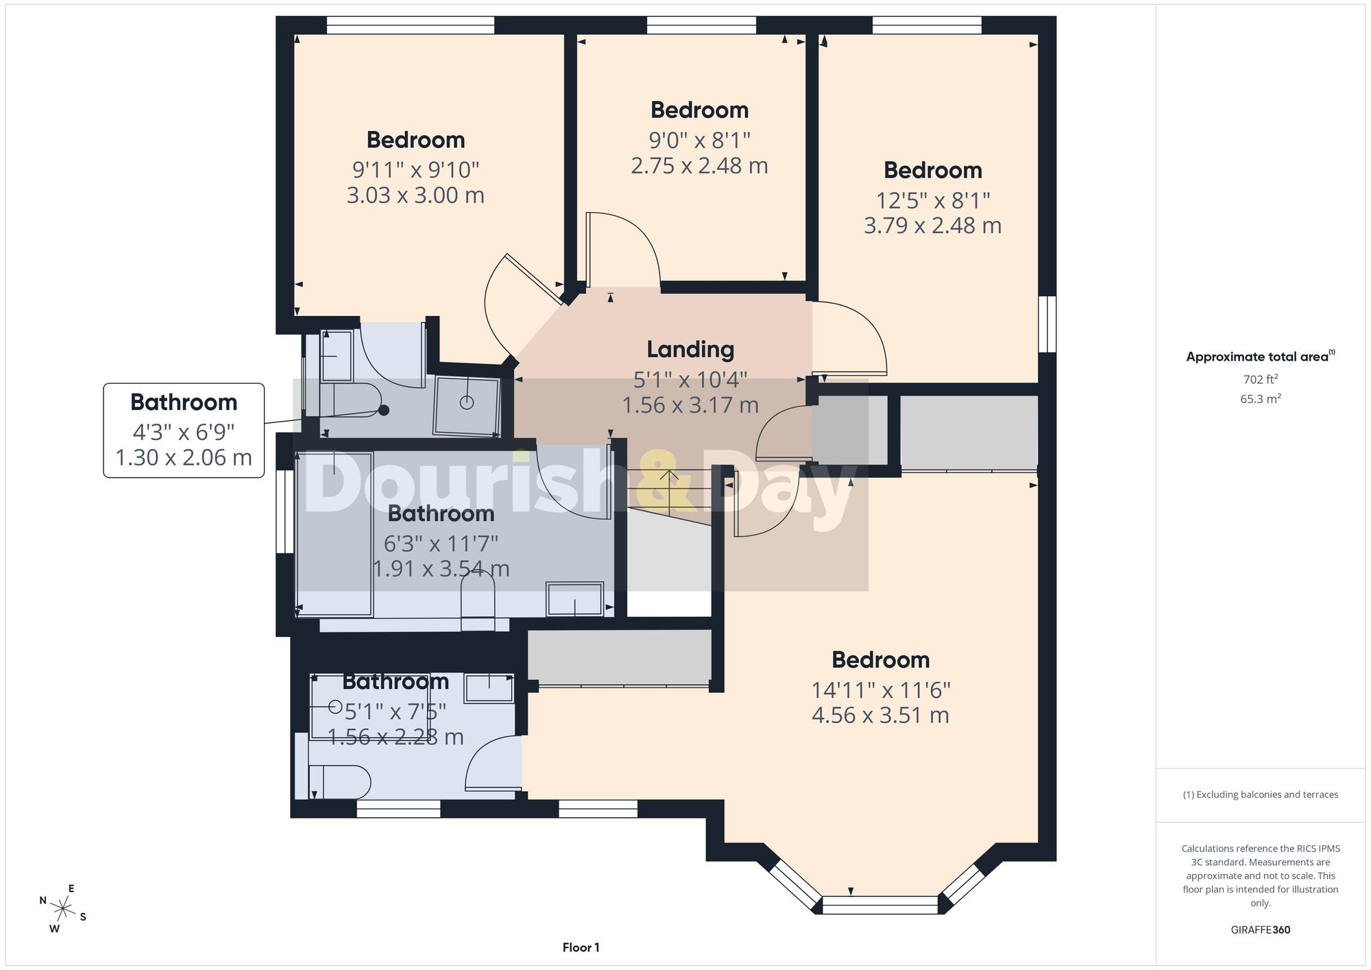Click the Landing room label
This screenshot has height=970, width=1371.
click(690, 350)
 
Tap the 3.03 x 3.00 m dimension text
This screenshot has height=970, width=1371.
click(415, 195)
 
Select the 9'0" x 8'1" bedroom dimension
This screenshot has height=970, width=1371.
click(699, 141)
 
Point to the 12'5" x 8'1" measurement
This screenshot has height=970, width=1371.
click(933, 200)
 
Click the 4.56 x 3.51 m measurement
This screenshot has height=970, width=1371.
click(880, 716)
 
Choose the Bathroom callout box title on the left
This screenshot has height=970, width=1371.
click(184, 402)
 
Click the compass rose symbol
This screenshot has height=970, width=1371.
click(63, 910)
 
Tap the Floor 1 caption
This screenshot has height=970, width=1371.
click(581, 947)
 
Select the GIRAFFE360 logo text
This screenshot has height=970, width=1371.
click(1260, 930)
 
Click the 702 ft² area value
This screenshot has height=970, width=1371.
click(1260, 379)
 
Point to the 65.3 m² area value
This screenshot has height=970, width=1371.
click(1260, 398)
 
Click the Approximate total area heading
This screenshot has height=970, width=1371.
click(1260, 356)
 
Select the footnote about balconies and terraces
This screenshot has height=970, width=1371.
click(1260, 795)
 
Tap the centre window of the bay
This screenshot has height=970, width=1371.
click(879, 905)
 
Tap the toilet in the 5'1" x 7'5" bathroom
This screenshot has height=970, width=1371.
click(340, 781)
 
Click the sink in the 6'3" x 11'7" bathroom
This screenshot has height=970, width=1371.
click(574, 599)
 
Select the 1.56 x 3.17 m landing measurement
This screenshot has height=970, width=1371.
click(690, 405)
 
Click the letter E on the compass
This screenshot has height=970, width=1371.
click(71, 888)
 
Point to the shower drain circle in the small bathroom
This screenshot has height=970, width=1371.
click(467, 402)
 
